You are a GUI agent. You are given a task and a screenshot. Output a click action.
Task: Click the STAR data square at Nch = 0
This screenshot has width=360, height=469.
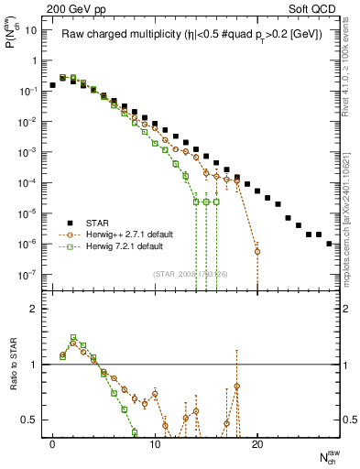coord(53,84)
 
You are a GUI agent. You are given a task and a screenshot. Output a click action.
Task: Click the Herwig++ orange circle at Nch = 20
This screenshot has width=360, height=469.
coord(257,251)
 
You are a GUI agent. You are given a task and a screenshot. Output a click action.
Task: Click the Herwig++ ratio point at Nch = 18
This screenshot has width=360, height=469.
coord(237,386)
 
